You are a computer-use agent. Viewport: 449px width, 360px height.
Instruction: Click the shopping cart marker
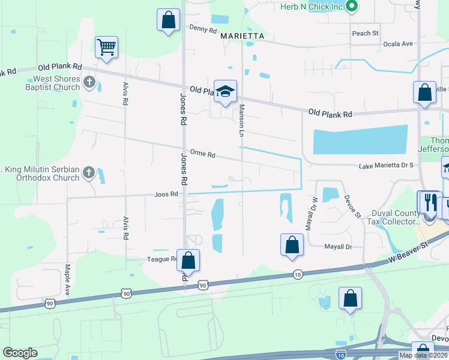[106, 47]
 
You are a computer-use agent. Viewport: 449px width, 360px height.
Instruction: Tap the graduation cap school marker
[225, 92]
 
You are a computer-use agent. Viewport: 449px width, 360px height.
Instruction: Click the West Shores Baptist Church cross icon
[89, 82]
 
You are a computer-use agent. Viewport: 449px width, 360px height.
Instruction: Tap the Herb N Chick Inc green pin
[353, 7]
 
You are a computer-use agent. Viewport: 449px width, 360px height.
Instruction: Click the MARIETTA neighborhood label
[243, 36]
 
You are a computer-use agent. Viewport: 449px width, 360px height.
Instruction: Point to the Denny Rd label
[202, 28]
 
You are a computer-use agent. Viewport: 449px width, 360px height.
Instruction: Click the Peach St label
[365, 33]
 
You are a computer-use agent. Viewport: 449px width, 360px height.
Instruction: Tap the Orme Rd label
[202, 154]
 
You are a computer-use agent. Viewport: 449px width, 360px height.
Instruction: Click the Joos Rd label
[166, 194]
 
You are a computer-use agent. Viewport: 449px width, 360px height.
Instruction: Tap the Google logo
[20, 353]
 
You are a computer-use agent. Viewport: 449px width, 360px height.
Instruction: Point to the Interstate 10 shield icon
[341, 355]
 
